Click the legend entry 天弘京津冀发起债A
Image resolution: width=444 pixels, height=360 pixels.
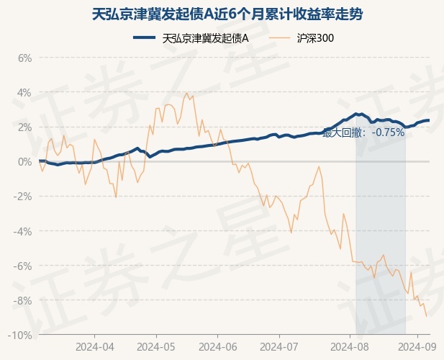[x=206, y=37]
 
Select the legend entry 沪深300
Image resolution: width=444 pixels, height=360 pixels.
[x=315, y=37]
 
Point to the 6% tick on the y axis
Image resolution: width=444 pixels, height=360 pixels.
[x=24, y=58]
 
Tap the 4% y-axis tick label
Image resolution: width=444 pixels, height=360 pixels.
[x=24, y=92]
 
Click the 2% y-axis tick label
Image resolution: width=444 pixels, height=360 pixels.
[x=24, y=127]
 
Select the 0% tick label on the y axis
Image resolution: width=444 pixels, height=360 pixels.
[x=24, y=161]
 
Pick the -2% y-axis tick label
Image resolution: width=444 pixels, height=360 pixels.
[x=23, y=197]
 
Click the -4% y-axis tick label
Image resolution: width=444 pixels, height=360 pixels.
[x=23, y=231]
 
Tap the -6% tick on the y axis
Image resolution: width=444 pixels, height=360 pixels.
[x=23, y=266]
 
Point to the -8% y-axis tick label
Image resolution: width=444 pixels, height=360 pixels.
[x=23, y=300]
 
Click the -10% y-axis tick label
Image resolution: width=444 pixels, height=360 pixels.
[x=21, y=335]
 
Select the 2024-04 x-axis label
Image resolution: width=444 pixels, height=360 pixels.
[x=96, y=346]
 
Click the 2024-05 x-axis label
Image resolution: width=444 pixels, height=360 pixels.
[x=158, y=346]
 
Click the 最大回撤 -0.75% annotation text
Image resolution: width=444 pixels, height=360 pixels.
[x=363, y=132]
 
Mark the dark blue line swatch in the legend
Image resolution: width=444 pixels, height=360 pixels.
[x=146, y=37]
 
